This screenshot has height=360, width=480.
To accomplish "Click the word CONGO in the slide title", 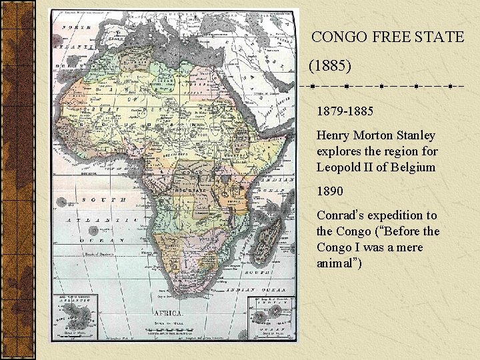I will click(x=341, y=37).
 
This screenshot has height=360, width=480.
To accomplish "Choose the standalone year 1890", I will click(x=330, y=191).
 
